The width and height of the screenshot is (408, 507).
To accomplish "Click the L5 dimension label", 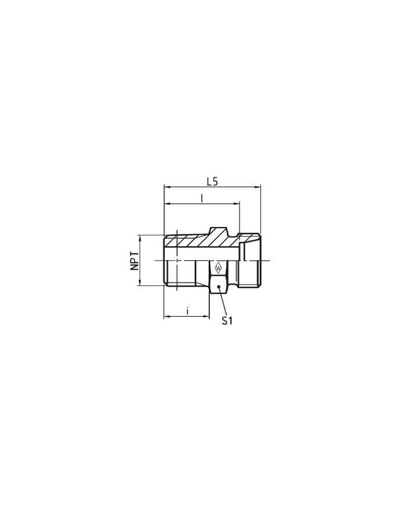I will click(x=212, y=181).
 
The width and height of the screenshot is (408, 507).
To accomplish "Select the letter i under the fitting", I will click(x=187, y=312).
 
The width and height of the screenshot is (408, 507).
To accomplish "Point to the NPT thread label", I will click(x=135, y=261).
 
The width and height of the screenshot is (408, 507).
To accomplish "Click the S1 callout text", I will click(x=227, y=320).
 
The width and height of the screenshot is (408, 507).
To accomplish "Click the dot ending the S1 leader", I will click(x=217, y=287).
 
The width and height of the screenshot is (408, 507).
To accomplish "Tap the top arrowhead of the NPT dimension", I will click(x=140, y=237).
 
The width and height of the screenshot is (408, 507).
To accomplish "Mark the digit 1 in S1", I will click(x=231, y=320).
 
